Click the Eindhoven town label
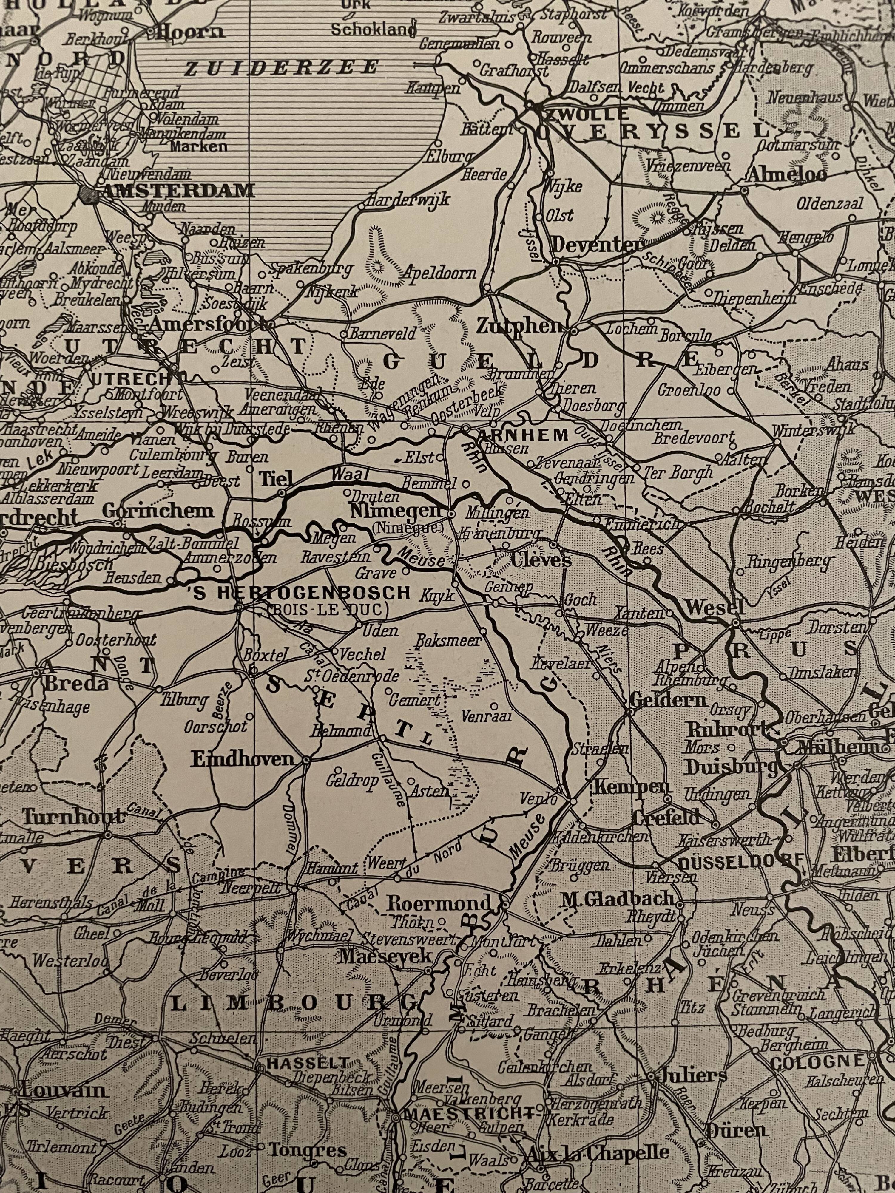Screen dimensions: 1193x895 point(243,759)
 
